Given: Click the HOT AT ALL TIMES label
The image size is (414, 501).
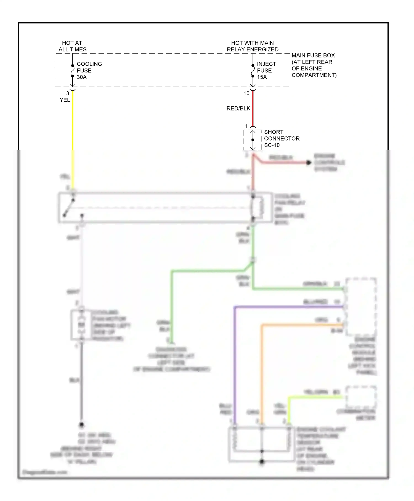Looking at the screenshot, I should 72,46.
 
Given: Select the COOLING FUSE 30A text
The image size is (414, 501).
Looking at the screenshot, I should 89,70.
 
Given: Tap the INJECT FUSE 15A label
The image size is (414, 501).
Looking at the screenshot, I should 266,70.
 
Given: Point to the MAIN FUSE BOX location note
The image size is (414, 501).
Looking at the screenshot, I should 314,65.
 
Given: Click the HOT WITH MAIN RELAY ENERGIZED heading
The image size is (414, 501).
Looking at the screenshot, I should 252,46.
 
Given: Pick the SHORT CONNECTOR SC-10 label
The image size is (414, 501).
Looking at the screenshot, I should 281,138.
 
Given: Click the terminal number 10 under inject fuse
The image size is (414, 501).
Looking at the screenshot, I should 246,93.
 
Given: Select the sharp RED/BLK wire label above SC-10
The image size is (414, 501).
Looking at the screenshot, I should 238,109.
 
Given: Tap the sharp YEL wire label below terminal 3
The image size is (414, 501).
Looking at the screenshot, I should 65,100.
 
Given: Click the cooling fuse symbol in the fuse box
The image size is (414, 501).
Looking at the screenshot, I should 73,71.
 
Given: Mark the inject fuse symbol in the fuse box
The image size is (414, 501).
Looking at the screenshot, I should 253,71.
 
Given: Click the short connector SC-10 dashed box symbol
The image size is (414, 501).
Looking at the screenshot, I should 253,140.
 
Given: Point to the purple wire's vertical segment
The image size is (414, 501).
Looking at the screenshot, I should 235,365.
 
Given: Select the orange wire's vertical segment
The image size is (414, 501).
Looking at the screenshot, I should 262,373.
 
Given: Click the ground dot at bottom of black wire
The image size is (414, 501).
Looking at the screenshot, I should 81,424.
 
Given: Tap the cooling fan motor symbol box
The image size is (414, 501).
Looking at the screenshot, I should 81,325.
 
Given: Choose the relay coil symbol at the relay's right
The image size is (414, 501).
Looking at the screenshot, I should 257,208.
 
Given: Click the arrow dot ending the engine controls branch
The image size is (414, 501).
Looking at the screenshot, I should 309,163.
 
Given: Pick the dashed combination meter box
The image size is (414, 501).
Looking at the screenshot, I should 361,397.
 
